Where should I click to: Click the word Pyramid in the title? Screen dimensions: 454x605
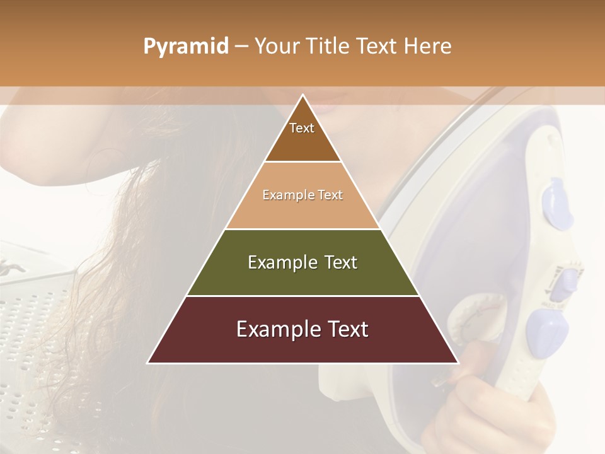[185, 47]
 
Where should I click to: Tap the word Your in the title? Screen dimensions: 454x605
[279, 47]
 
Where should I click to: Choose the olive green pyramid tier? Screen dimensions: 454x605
[302, 277]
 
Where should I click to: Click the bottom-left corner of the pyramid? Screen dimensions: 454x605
[148, 363]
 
